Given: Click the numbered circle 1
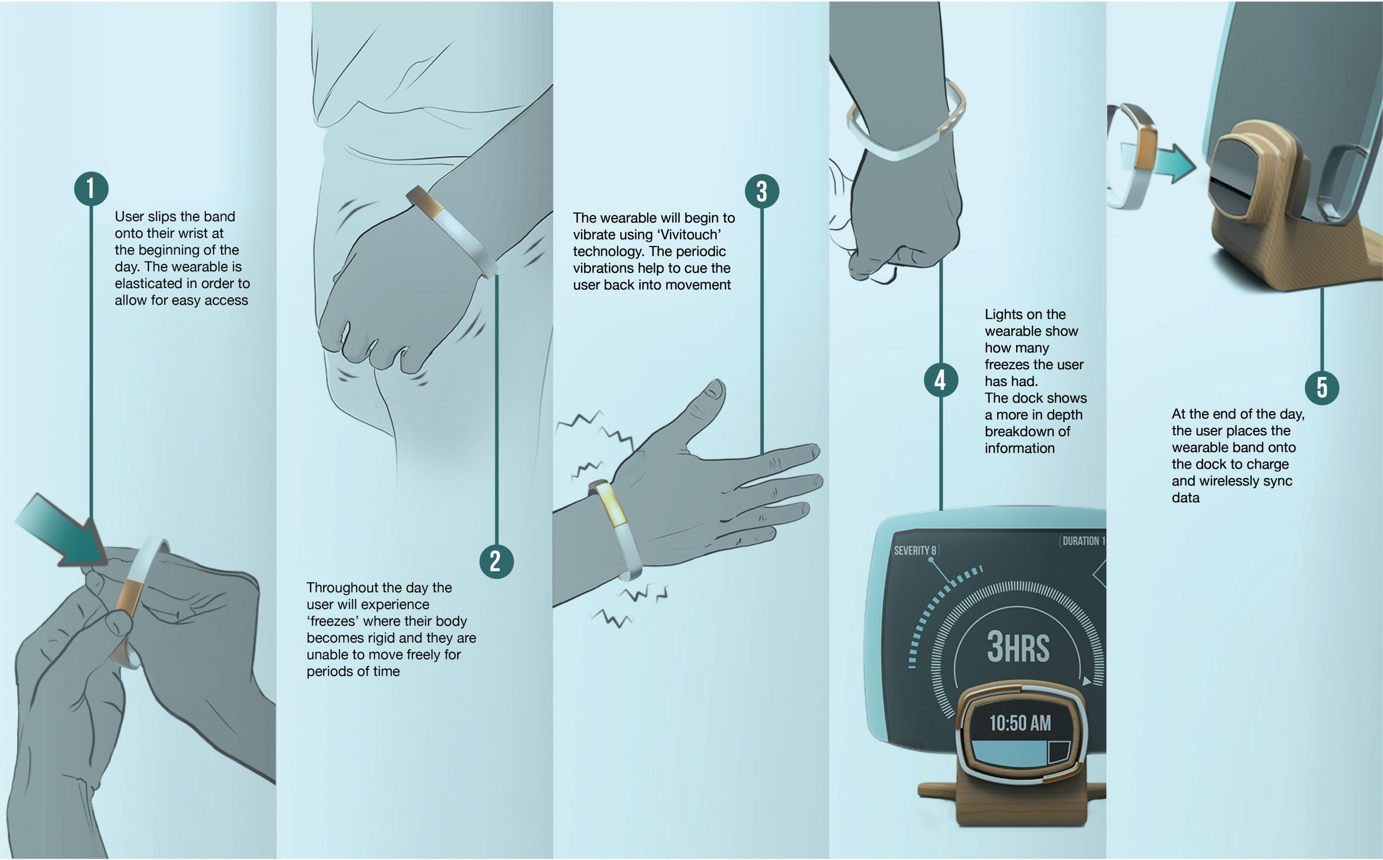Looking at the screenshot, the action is [91, 189].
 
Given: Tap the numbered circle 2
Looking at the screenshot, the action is [496, 562].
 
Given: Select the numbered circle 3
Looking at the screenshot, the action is [762, 191].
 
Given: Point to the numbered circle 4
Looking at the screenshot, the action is [941, 380].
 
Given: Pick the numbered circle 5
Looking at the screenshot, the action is [1321, 388].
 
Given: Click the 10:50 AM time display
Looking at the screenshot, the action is [1020, 723].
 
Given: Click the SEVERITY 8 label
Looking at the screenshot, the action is [915, 550].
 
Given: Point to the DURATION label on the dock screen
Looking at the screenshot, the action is [1082, 541].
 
